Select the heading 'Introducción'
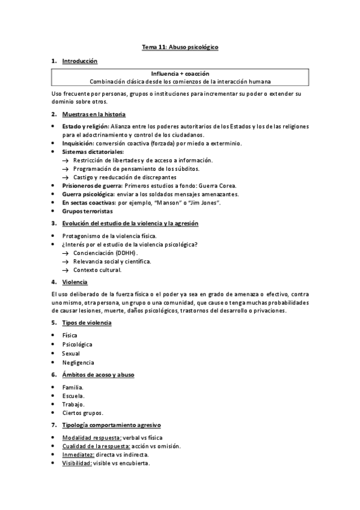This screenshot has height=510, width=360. tap(79, 61)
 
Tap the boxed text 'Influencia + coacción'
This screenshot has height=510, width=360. tap(180, 73)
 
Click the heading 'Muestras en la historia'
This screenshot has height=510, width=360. tap(94, 114)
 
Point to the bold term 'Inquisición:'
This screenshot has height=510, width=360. tap(79, 143)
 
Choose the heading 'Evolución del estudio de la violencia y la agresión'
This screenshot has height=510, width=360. tap(130, 224)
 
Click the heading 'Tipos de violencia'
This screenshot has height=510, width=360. tap(87, 323)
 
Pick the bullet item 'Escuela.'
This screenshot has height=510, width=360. tap(73, 396)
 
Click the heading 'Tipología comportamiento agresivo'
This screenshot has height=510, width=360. tap(106, 425)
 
